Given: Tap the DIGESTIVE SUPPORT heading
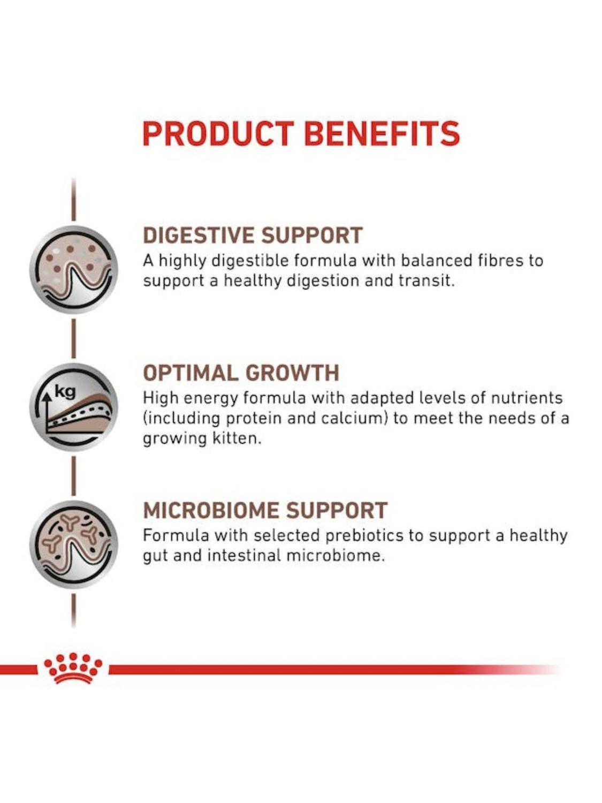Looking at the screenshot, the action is (253, 235).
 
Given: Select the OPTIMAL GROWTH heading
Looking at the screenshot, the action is (241, 373).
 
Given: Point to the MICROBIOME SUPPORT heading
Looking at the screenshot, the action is (265, 510).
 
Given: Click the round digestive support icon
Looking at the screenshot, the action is (73, 270).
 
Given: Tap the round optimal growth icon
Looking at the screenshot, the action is (73, 407).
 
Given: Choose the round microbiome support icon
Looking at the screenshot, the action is (73, 545).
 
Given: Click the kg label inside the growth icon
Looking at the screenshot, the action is (65, 392).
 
